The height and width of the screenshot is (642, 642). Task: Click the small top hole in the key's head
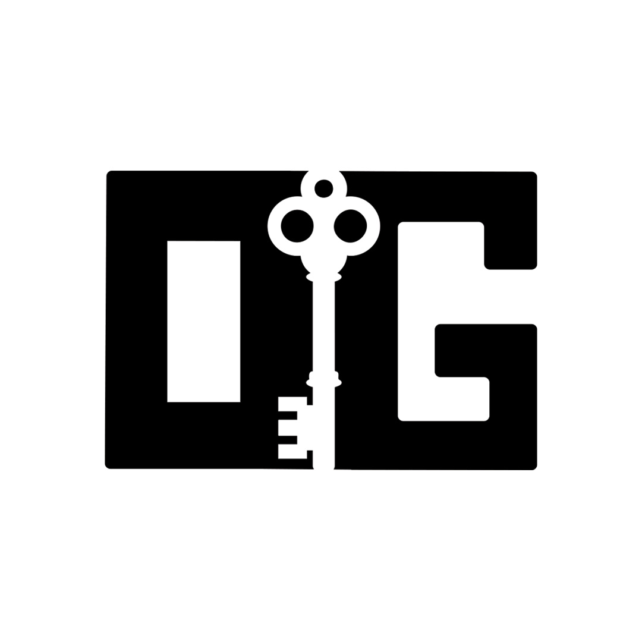pos(323,188)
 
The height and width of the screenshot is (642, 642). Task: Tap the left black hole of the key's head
pos(297,226)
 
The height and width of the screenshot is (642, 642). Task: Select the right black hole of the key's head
pos(350,226)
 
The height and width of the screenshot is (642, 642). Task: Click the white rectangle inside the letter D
pos(203,321)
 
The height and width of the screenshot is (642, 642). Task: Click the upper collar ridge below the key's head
pos(323,277)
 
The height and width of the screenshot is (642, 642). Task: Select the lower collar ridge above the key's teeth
pos(323,382)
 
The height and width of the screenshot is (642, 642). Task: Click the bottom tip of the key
pos(323,467)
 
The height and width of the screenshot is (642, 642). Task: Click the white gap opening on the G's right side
pos(511,297)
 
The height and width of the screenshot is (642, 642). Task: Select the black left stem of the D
pos(137,321)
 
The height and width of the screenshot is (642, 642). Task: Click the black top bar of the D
pos(202,205)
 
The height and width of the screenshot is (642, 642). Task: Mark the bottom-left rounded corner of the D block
pos(108,465)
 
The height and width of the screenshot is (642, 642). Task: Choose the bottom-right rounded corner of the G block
pos(533,467)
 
